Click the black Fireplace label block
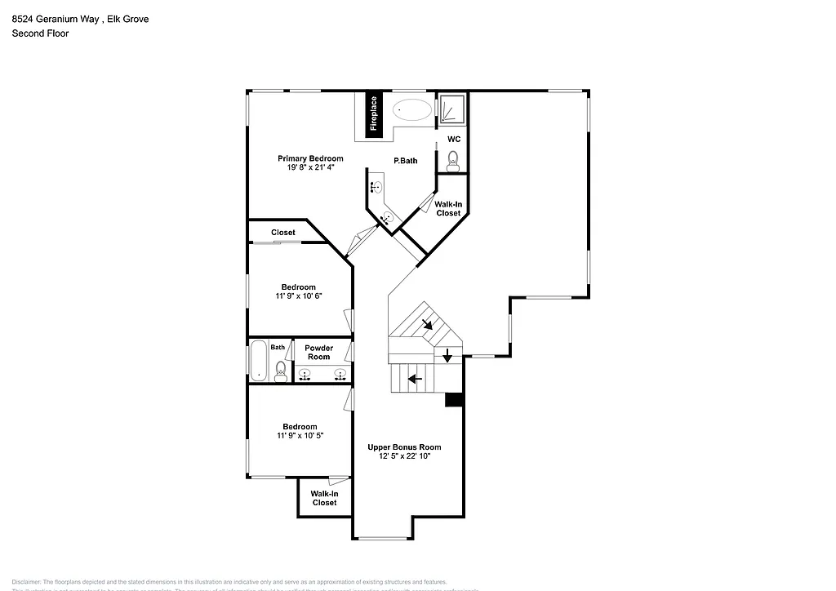click(x=374, y=113)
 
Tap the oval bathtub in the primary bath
click(x=413, y=110)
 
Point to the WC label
click(x=454, y=139)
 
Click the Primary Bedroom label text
click(x=310, y=158)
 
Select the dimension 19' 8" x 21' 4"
click(x=310, y=167)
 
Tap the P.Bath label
click(x=406, y=161)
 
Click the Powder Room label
click(x=318, y=353)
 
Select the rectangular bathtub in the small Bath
click(x=259, y=361)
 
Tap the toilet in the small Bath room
click(x=281, y=370)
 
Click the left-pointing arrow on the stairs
click(x=415, y=378)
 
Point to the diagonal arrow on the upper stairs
click(x=428, y=325)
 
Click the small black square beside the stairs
click(x=454, y=400)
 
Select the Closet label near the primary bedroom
click(x=283, y=233)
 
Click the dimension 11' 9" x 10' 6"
click(x=299, y=296)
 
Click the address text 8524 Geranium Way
click(x=56, y=19)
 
